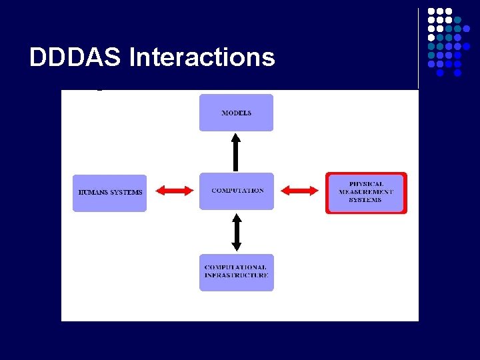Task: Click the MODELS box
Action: click(x=236, y=113)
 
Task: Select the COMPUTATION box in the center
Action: click(x=237, y=191)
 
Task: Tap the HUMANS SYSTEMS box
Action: click(x=109, y=193)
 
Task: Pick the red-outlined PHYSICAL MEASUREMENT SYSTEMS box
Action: click(x=366, y=193)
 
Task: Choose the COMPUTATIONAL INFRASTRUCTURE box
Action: click(x=237, y=272)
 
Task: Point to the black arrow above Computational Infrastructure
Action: click(x=236, y=231)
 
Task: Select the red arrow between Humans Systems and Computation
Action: click(x=173, y=191)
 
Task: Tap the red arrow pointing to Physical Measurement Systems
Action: click(x=299, y=191)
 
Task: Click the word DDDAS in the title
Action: click(x=75, y=58)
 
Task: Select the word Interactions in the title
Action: click(x=201, y=58)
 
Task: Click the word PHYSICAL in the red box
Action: click(x=366, y=184)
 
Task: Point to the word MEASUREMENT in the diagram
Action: click(x=366, y=192)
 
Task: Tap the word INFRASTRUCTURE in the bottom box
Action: click(x=237, y=275)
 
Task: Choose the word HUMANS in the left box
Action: click(x=94, y=193)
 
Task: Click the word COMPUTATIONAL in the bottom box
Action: click(x=235, y=267)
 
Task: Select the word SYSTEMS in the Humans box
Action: click(x=127, y=193)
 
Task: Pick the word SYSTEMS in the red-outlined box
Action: click(x=365, y=200)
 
